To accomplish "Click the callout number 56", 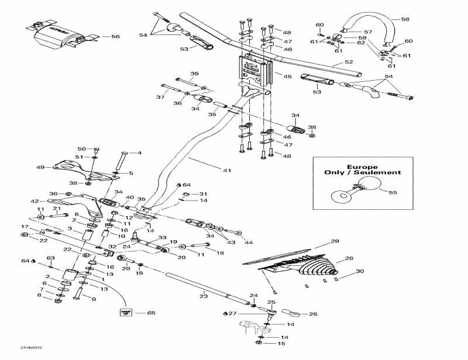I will click(115, 36).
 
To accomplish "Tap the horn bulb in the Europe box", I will click(341, 195).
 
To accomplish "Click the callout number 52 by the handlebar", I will click(349, 62).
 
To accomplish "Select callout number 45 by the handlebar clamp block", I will click(287, 76).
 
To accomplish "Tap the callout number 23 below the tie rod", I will click(203, 296).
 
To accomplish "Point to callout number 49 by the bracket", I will click(40, 167).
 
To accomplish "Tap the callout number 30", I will click(360, 271).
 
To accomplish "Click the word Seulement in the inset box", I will click(377, 172).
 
